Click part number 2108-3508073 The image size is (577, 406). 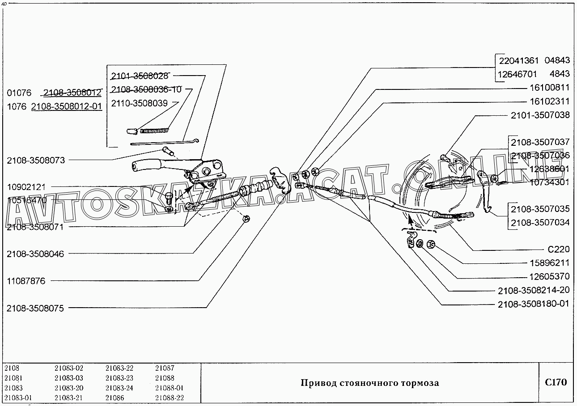click(36, 160)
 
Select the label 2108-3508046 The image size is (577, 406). click(35, 254)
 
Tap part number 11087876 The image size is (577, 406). click(26, 281)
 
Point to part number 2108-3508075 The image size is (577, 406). click(35, 309)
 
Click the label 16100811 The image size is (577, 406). click(550, 88)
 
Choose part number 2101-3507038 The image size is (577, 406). click(540, 115)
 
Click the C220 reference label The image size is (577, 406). click(559, 250)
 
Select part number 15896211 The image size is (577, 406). click(550, 263)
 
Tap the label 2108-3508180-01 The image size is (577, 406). click(534, 304)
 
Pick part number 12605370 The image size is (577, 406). click(550, 277)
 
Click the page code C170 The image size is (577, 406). click(556, 382)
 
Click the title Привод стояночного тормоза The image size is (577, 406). click(369, 383)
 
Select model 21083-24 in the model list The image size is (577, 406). click(119, 388)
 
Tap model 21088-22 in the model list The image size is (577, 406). click(170, 398)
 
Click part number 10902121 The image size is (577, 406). click(26, 186)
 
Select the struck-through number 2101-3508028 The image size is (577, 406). click(140, 76)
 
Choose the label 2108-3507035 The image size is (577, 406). click(540, 209)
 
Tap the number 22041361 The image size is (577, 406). click(519, 60)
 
